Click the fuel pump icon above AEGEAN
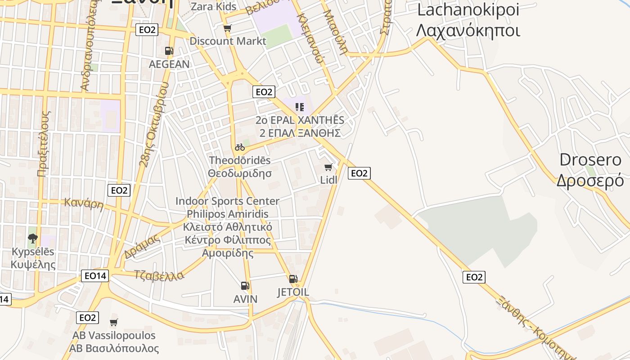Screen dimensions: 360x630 [169, 51]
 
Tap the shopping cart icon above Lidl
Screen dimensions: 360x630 [328, 167]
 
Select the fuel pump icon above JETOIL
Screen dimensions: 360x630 [293, 279]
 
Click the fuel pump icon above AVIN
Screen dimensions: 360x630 [245, 285]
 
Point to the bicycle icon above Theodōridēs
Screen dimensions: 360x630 [240, 147]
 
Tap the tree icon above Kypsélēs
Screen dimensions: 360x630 [32, 238]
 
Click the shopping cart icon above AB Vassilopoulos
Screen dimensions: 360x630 [114, 322]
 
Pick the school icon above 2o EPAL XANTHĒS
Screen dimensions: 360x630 [300, 107]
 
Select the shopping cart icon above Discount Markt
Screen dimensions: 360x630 [227, 28]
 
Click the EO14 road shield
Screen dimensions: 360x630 [95, 276]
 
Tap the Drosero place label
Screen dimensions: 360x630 [590, 170]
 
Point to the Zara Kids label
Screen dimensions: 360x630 [214, 6]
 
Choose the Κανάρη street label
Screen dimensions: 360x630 [84, 203]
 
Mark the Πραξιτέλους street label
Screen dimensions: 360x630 [44, 144]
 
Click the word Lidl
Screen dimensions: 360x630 [328, 180]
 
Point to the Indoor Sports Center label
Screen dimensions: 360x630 [227, 201]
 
